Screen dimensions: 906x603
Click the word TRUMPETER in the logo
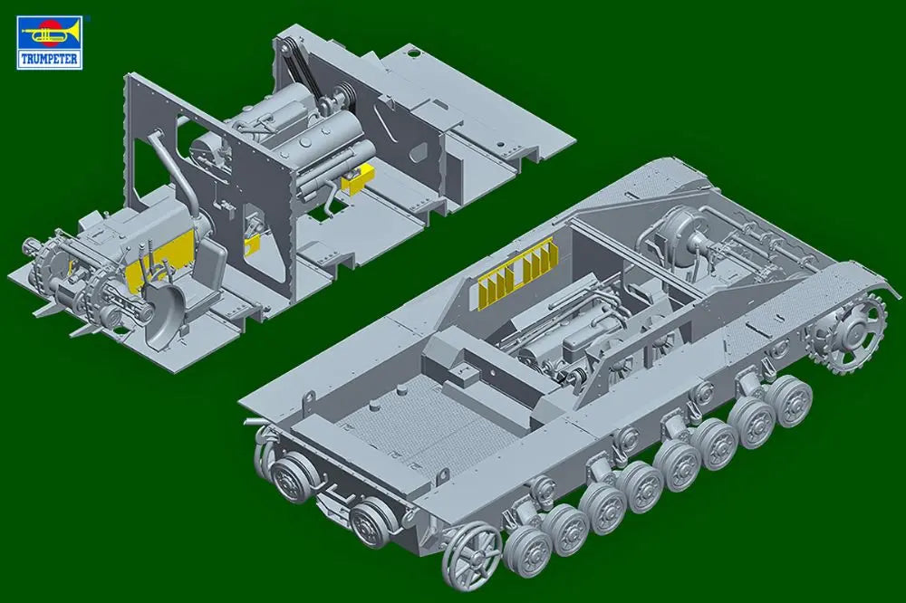click(x=49, y=57)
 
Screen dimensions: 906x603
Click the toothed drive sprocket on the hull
click(x=850, y=329)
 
